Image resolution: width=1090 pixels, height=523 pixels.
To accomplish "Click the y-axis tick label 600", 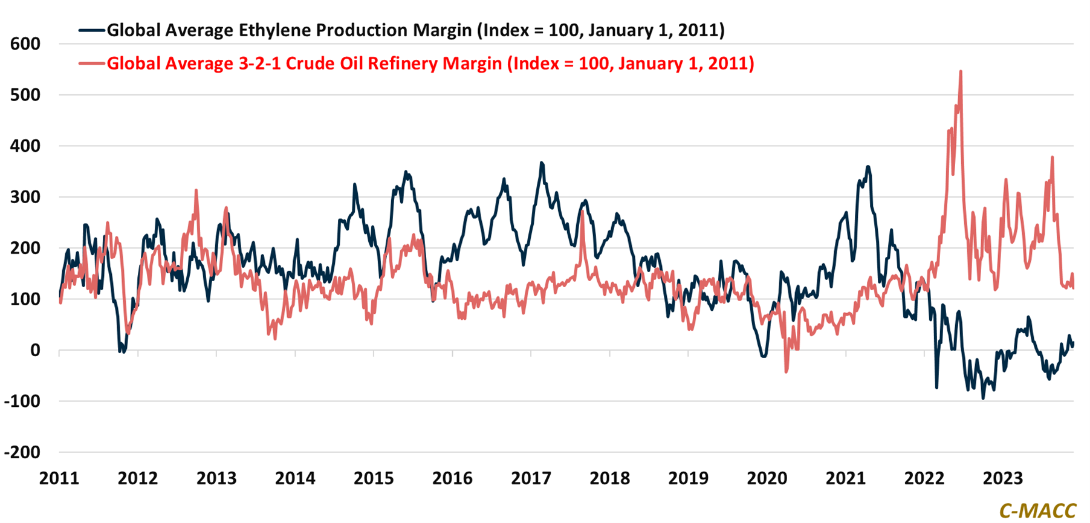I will pyautogui.click(x=25, y=44).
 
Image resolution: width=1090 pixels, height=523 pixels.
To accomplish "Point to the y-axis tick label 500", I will pyautogui.click(x=25, y=95).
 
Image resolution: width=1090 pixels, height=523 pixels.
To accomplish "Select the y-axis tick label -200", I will pyautogui.click(x=22, y=452).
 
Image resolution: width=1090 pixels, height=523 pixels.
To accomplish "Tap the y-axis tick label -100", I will pyautogui.click(x=22, y=401).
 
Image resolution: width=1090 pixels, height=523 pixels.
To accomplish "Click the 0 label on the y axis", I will pyautogui.click(x=35, y=350).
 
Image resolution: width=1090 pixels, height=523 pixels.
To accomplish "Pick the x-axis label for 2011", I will pyautogui.click(x=59, y=478).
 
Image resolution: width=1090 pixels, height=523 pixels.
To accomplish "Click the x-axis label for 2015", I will pyautogui.click(x=374, y=478).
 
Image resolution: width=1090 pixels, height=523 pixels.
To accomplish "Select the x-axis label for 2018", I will pyautogui.click(x=609, y=478).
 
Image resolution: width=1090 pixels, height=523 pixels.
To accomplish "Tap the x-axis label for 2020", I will pyautogui.click(x=767, y=478).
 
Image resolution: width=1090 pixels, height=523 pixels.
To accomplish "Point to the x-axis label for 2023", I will pyautogui.click(x=1002, y=478).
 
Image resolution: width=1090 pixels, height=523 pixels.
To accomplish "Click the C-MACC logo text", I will pyautogui.click(x=1037, y=511).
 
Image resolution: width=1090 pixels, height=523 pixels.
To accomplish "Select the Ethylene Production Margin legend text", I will pyautogui.click(x=415, y=30).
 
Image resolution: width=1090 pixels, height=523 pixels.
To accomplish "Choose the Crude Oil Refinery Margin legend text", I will pyautogui.click(x=430, y=63).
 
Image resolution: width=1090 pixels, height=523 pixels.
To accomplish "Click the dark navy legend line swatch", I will pyautogui.click(x=92, y=30).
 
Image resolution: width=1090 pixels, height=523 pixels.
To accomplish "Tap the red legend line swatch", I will pyautogui.click(x=92, y=63).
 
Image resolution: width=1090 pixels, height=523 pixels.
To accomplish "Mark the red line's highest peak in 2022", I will pyautogui.click(x=961, y=72).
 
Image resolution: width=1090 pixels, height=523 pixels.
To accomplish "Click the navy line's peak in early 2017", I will pyautogui.click(x=542, y=163).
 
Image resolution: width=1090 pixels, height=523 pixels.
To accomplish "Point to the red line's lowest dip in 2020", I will pyautogui.click(x=787, y=371).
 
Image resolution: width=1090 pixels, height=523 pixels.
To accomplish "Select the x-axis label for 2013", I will pyautogui.click(x=216, y=478).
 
